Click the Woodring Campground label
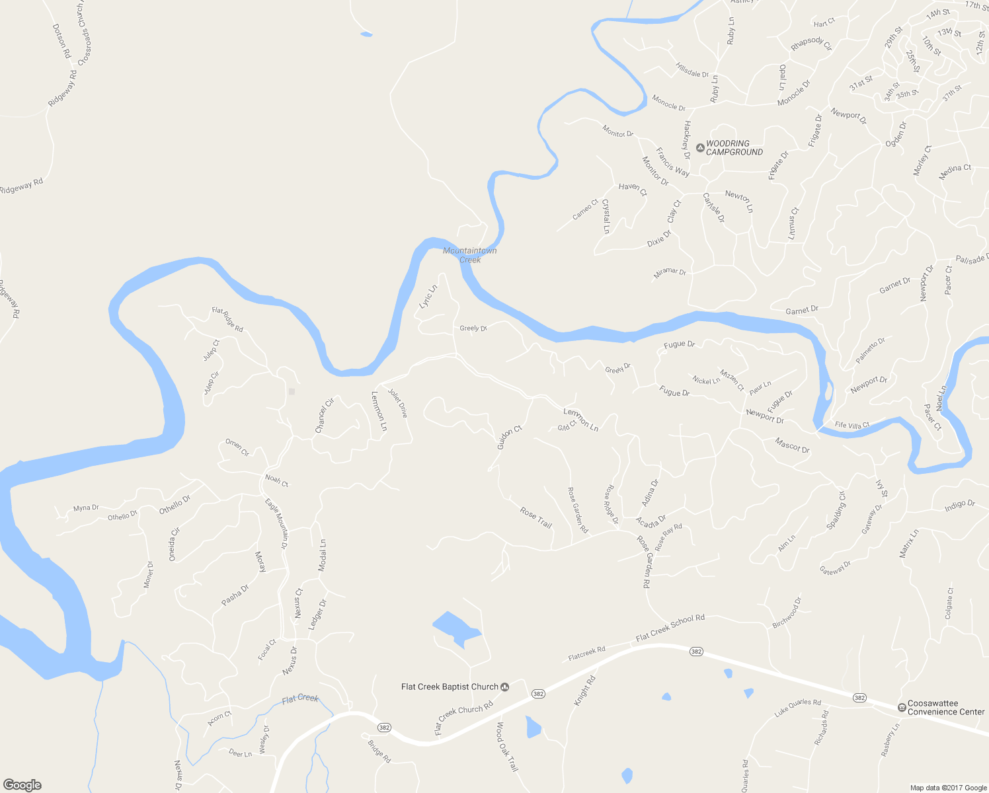click(734, 147)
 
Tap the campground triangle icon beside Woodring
click(700, 147)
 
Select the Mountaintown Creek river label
click(469, 255)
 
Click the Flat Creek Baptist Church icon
click(505, 687)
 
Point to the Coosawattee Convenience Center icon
click(902, 707)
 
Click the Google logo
click(22, 784)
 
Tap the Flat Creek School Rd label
click(670, 628)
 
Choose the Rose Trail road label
click(535, 517)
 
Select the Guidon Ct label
click(510, 437)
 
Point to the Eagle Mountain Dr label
click(276, 523)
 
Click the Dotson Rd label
click(61, 41)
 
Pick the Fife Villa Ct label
click(851, 425)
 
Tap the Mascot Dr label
click(791, 445)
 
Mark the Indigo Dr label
click(959, 506)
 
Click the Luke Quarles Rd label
click(797, 707)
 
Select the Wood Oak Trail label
click(507, 746)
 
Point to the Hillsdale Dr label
click(692, 70)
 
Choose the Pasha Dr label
click(235, 595)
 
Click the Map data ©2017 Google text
click(948, 787)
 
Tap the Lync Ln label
click(428, 296)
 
